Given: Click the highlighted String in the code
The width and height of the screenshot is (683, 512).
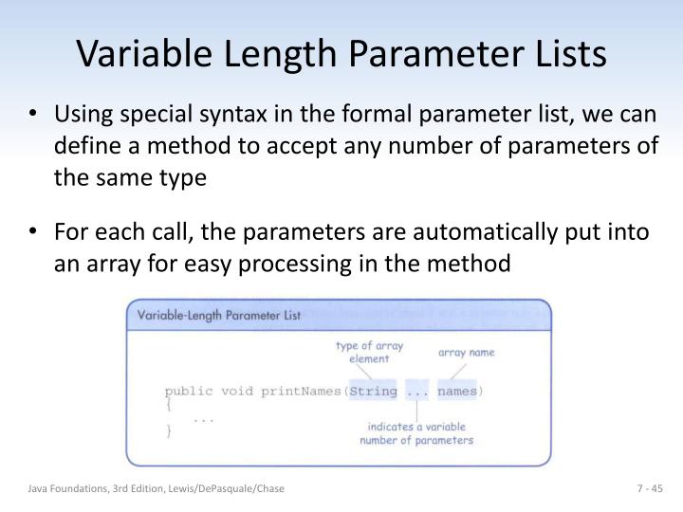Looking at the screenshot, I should [373, 391].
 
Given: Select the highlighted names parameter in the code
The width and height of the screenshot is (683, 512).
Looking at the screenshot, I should [457, 391].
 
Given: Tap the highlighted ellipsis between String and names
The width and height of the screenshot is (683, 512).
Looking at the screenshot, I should [416, 391].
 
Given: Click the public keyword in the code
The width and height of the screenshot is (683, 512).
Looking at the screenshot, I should [189, 391].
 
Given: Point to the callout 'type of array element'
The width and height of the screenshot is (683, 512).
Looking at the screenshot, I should [368, 353].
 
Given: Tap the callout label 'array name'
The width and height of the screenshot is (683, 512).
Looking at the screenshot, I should [466, 352].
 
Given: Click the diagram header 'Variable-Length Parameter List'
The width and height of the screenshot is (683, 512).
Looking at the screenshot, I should [220, 316].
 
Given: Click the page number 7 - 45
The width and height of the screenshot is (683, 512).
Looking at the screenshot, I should [649, 488].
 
